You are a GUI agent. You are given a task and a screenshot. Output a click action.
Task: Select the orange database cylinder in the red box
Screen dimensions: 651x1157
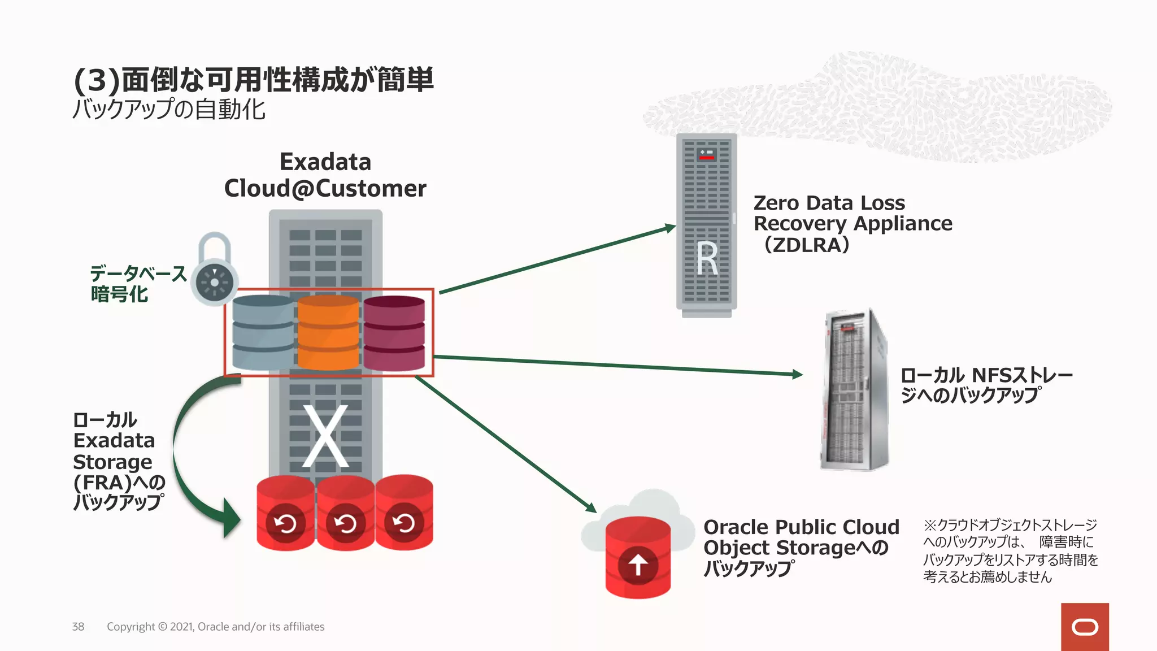pyautogui.click(x=328, y=332)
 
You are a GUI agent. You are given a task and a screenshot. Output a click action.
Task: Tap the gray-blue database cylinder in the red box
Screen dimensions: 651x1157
pyautogui.click(x=263, y=332)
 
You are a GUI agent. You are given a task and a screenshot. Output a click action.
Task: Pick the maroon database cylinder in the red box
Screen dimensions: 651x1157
pyautogui.click(x=394, y=333)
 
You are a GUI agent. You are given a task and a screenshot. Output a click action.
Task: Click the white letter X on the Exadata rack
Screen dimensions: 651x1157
pyautogui.click(x=325, y=436)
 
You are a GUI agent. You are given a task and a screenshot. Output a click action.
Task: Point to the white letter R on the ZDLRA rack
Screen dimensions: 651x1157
pyautogui.click(x=706, y=259)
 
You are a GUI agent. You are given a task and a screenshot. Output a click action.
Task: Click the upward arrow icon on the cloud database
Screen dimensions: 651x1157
pyautogui.click(x=638, y=565)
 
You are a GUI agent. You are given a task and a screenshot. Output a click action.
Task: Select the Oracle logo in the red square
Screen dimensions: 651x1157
pyautogui.click(x=1085, y=627)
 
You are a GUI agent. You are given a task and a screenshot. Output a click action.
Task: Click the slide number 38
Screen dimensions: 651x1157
pyautogui.click(x=78, y=627)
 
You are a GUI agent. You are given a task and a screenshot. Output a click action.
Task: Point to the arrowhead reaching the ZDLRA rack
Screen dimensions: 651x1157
pyautogui.click(x=670, y=228)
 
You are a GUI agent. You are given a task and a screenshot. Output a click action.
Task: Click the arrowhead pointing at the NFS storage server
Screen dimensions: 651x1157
pyautogui.click(x=797, y=374)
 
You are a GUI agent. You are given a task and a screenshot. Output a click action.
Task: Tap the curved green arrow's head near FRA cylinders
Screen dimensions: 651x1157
pyautogui.click(x=232, y=518)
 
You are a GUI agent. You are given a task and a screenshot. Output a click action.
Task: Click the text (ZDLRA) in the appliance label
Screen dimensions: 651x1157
pyautogui.click(x=807, y=245)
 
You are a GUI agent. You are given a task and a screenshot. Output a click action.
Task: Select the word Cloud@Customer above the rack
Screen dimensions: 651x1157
pyautogui.click(x=325, y=189)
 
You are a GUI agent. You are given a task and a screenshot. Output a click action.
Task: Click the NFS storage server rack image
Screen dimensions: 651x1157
pyautogui.click(x=855, y=390)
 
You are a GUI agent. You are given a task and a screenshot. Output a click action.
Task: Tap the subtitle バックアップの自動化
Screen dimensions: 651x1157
pyautogui.click(x=169, y=109)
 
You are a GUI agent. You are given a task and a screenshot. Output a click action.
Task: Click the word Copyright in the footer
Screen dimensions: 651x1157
pyautogui.click(x=131, y=627)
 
